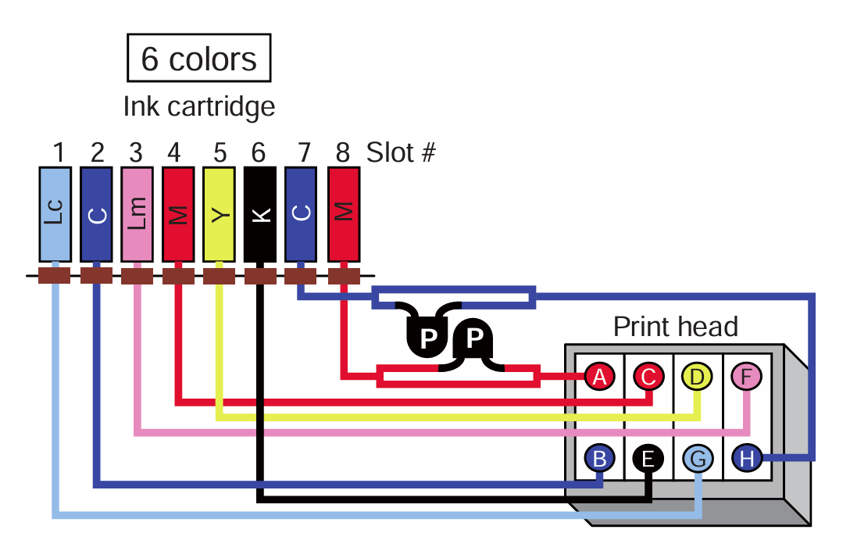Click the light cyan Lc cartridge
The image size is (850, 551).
pyautogui.click(x=55, y=213)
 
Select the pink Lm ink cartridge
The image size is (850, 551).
pyautogui.click(x=137, y=213)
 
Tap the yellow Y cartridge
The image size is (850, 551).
pyautogui.click(x=220, y=213)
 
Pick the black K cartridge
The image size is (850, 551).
pyautogui.click(x=260, y=213)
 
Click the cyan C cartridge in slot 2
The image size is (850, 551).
pyautogui.click(x=96, y=213)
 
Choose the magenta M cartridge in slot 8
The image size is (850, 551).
pyautogui.click(x=344, y=213)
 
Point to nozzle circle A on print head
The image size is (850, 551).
pyautogui.click(x=599, y=377)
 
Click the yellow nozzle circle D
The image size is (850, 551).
pyautogui.click(x=697, y=377)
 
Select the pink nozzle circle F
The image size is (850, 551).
pyautogui.click(x=746, y=377)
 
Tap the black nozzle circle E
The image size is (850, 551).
pyautogui.click(x=648, y=459)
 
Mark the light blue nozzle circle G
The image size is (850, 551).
pyautogui.click(x=698, y=459)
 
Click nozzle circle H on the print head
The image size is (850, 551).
pyautogui.click(x=746, y=459)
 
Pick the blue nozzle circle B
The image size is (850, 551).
pyautogui.click(x=599, y=459)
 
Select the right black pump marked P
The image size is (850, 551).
pyautogui.click(x=473, y=338)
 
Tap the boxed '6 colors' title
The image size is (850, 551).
pyautogui.click(x=198, y=58)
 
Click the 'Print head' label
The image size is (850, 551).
pyautogui.click(x=675, y=326)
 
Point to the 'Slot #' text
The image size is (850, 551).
pyautogui.click(x=401, y=152)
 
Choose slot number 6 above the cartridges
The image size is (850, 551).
pyautogui.click(x=259, y=152)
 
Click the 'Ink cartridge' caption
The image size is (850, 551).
pyautogui.click(x=199, y=106)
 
